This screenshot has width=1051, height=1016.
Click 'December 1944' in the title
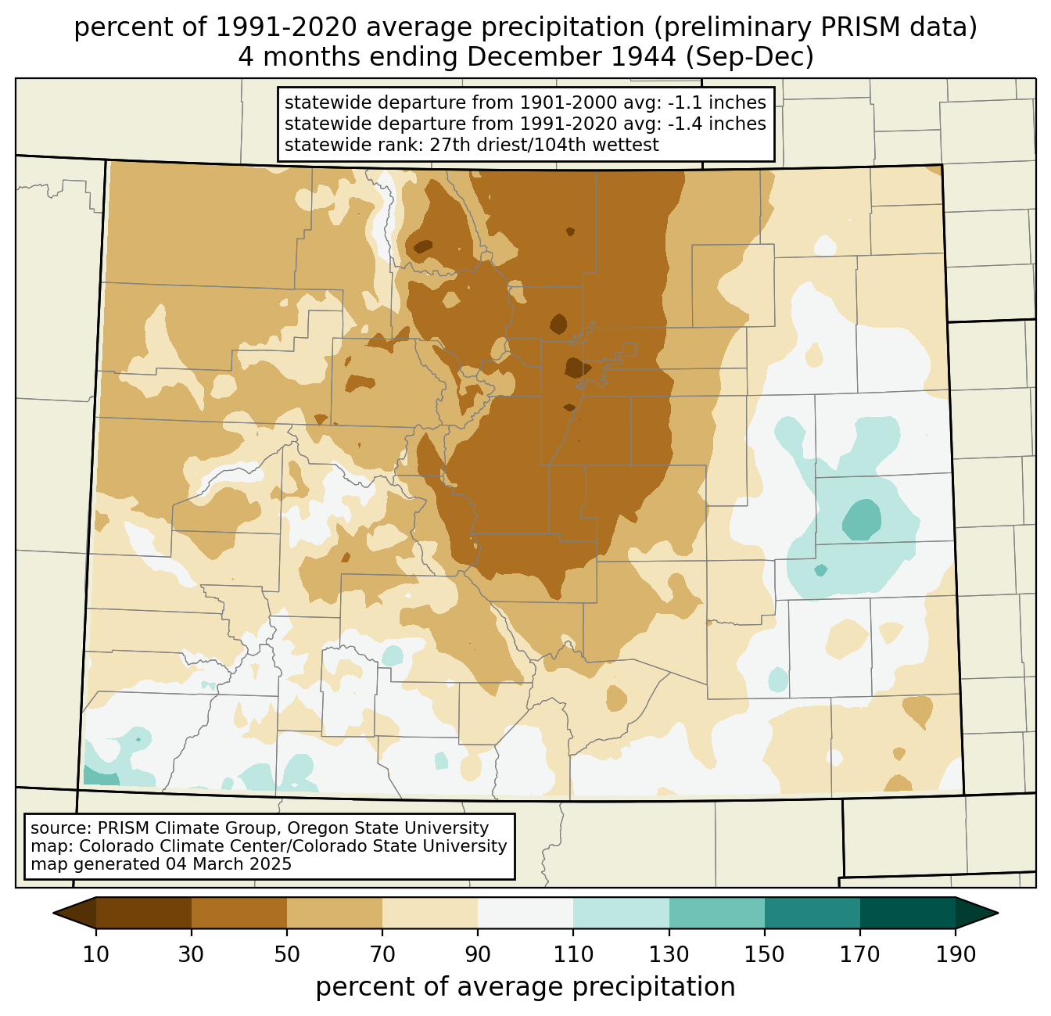[x=572, y=57]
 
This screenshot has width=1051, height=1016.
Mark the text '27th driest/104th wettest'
[x=544, y=145]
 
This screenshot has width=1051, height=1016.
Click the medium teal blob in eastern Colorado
[x=862, y=519]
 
